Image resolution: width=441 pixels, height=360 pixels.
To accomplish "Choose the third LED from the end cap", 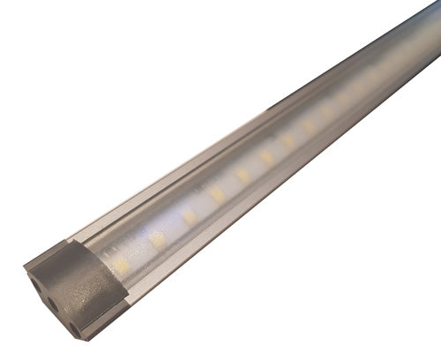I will click(189, 216).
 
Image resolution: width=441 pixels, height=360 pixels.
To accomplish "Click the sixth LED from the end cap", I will click(265, 156).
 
